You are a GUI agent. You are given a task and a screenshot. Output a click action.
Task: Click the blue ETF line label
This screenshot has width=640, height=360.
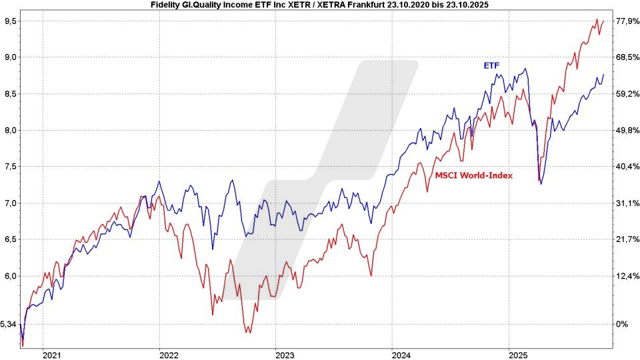click(492, 65)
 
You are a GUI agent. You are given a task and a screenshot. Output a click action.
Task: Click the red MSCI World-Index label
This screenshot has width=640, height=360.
click(474, 175)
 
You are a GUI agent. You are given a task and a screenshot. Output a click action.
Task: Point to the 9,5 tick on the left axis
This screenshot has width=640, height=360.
click(11, 21)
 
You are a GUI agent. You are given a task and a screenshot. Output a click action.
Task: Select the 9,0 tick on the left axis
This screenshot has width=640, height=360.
click(11, 57)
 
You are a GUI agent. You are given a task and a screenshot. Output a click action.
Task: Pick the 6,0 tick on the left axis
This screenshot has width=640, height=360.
click(11, 276)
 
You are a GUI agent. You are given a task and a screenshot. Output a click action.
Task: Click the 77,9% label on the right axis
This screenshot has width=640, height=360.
click(625, 21)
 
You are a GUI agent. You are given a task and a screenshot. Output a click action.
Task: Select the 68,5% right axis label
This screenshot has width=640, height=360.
click(625, 57)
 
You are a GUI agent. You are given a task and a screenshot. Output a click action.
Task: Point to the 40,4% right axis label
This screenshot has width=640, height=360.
click(625, 166)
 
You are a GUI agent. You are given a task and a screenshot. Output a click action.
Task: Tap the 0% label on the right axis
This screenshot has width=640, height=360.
click(621, 324)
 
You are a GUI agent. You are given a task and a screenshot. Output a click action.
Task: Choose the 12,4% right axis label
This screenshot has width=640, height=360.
click(625, 276)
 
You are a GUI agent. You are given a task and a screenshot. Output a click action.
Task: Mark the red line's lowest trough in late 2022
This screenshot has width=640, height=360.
click(248, 331)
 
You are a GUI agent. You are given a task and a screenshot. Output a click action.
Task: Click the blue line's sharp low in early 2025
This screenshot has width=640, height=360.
click(541, 184)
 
